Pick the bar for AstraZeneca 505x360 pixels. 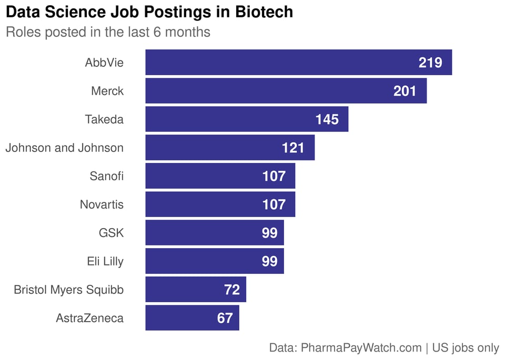[179, 318]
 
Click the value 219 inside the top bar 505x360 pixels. [430, 63]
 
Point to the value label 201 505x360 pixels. [405, 91]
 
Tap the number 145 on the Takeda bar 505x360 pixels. [327, 120]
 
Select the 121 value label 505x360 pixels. [293, 148]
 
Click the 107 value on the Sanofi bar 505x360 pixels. [274, 176]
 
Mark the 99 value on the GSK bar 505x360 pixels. [269, 233]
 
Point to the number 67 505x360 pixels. [225, 318]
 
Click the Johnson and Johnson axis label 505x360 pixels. [64, 148]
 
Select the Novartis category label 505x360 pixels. [102, 204]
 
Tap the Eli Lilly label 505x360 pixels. [105, 261]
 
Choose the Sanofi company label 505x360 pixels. [107, 176]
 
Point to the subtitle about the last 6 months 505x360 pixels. [108, 32]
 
